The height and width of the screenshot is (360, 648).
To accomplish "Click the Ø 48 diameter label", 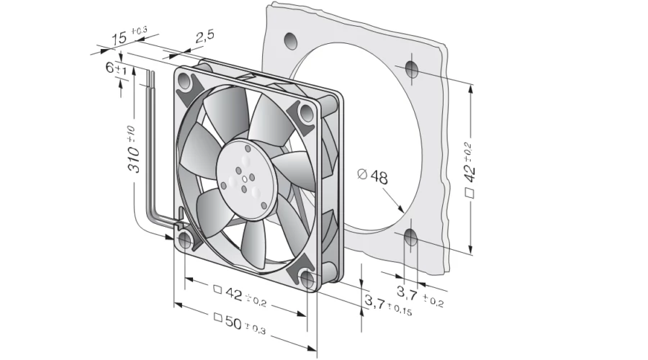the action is click(372, 176).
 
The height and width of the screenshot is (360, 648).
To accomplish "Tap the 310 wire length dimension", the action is click(133, 149).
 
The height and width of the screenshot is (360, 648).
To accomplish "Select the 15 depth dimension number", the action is click(120, 38).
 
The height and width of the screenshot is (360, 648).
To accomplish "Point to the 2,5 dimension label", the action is click(205, 37).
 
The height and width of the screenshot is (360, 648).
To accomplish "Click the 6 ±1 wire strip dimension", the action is click(116, 68).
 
